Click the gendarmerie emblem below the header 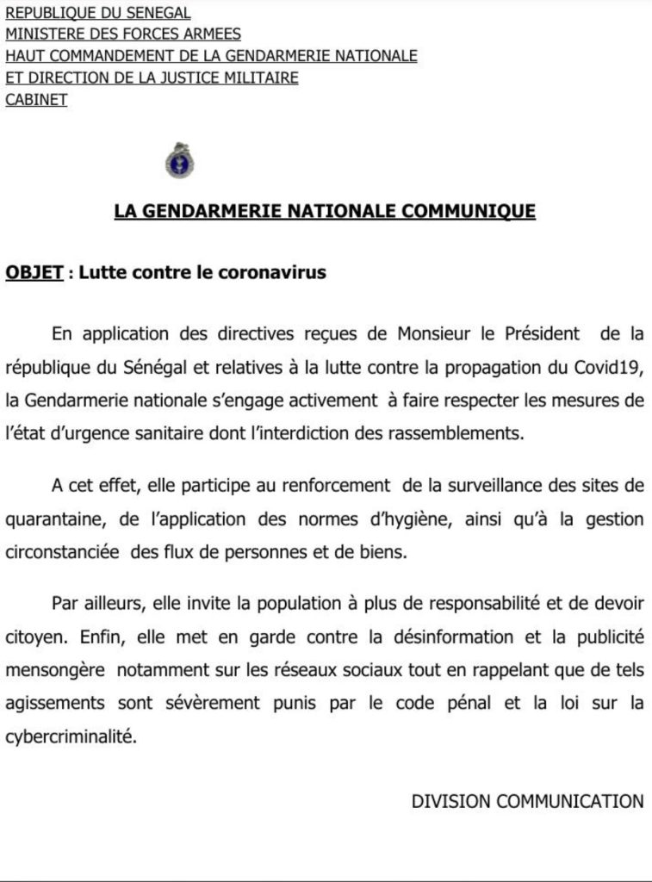coord(178,161)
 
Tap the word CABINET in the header coord(36,100)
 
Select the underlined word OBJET coord(34,273)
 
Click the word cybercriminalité coord(70,737)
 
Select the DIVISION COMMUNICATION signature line coord(527,802)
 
